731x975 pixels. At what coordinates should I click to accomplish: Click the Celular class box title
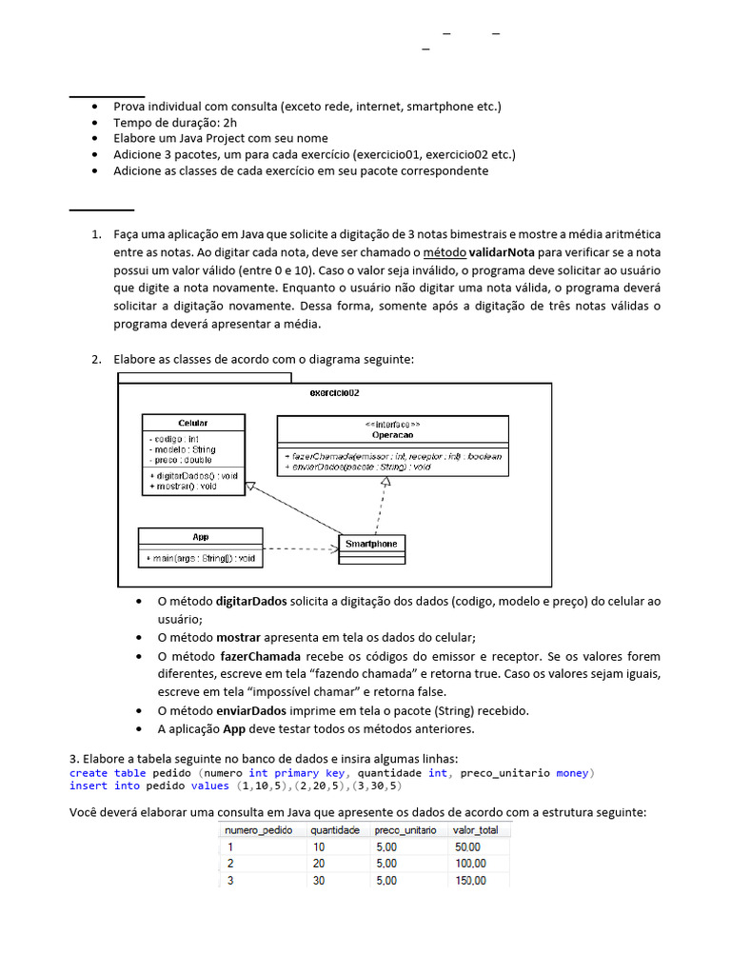192,422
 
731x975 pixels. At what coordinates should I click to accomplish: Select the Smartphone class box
372,544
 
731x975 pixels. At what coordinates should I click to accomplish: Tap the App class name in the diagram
200,537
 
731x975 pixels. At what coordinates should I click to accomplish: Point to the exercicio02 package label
335,392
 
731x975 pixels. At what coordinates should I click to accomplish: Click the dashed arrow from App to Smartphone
300,548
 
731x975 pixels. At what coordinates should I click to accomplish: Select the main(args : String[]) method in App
200,558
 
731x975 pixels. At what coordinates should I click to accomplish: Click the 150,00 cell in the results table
470,880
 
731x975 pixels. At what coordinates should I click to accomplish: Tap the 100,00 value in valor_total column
470,863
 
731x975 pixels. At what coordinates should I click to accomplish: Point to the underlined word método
445,251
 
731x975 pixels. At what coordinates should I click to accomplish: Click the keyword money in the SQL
573,773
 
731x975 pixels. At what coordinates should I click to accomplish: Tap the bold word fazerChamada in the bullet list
260,657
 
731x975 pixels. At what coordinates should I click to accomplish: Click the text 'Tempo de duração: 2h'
176,123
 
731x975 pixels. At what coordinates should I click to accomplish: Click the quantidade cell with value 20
319,863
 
